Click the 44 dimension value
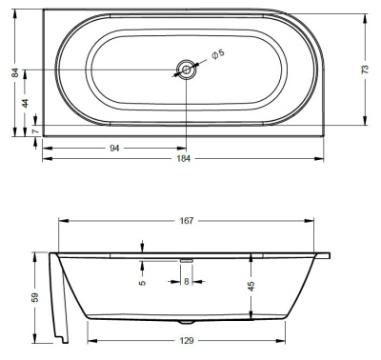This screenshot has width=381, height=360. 26,102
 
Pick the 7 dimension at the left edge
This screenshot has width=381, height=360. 34,130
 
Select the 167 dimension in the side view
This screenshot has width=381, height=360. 187,221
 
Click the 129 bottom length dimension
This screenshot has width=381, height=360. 187,340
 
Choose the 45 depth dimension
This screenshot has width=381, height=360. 251,287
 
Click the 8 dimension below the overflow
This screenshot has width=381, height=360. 187,281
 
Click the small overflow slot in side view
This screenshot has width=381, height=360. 187,257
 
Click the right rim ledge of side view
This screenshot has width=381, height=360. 322,255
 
